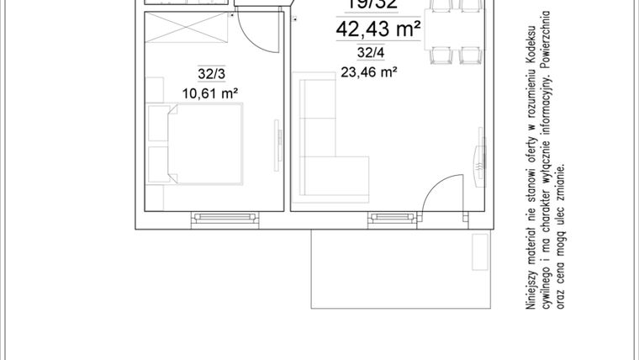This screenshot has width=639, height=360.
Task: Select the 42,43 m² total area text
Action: click(x=378, y=30)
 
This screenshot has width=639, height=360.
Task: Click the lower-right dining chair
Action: click(x=468, y=56)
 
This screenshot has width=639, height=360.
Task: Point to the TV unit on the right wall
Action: click(x=480, y=156)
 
